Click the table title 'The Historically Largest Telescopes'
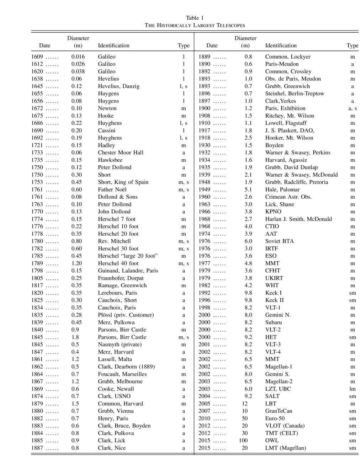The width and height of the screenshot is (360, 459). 195,25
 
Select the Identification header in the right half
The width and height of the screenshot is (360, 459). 281,46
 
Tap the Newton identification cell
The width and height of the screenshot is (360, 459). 107,108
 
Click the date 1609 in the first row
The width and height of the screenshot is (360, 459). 37,57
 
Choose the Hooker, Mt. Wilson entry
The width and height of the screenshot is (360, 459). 289,138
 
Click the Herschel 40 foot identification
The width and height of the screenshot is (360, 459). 118,263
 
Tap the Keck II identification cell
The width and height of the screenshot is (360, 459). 274,300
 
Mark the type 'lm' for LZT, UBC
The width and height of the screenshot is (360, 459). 352,389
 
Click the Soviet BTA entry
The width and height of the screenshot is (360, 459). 279,241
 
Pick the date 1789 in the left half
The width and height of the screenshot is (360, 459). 37,263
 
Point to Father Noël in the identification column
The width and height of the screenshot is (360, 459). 112,190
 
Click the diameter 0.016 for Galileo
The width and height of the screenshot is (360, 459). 78,57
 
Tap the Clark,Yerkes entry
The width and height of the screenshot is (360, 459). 280,101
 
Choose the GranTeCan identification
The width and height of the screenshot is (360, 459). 279,411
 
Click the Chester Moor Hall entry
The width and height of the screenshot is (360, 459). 121,153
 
